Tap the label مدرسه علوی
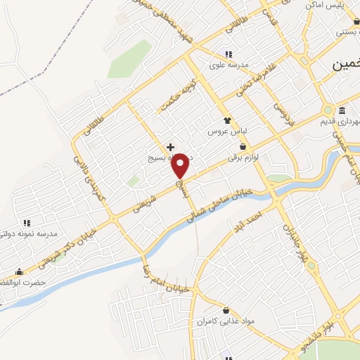(229, 65)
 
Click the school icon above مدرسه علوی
(228, 54)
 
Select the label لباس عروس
(224, 131)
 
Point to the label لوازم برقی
(244, 159)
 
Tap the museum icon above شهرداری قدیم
(342, 110)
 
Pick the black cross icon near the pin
(170, 146)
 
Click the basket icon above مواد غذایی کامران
(226, 310)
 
